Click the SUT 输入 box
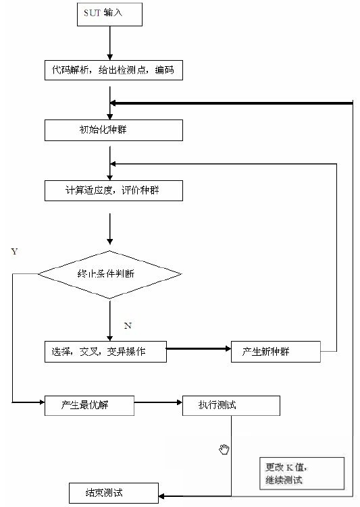point(109,15)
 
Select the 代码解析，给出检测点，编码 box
point(113,70)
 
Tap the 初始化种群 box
point(113,130)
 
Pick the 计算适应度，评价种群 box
point(113,191)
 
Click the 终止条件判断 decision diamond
point(109,275)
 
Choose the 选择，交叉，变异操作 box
point(105,352)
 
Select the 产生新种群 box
point(276,352)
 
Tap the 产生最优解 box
point(89,406)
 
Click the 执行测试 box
point(231,406)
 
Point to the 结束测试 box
point(114,493)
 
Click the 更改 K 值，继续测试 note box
point(302,473)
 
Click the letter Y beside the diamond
point(14,252)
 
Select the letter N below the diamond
point(128,325)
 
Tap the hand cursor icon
point(224,450)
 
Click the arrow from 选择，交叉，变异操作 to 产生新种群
point(199,348)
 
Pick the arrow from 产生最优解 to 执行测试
point(158,402)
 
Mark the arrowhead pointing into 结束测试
point(161,496)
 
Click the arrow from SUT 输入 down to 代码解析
point(110,43)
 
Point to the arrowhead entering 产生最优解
point(42,402)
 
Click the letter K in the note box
point(290,468)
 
